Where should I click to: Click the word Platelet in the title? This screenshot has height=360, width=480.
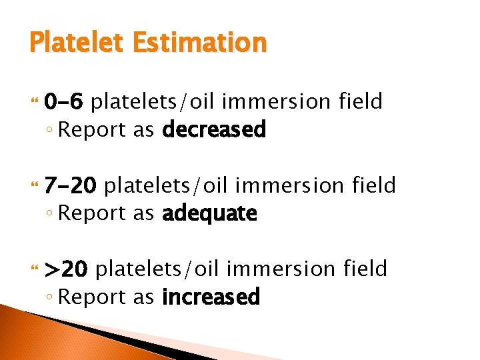click(x=74, y=43)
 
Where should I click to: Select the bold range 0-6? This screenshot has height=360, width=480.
click(x=63, y=102)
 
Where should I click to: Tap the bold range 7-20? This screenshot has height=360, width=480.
click(x=70, y=185)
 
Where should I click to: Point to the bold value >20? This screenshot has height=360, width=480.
click(x=65, y=269)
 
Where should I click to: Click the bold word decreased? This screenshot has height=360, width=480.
click(x=214, y=129)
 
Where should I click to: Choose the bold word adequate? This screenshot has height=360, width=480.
click(x=209, y=213)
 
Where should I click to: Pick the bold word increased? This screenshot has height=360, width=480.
click(x=211, y=297)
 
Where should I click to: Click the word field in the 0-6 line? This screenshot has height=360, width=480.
click(x=360, y=101)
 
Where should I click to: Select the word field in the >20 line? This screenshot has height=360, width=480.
click(x=365, y=268)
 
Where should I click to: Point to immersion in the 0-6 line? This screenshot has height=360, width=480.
click(x=276, y=101)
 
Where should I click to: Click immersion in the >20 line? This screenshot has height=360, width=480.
click(x=281, y=268)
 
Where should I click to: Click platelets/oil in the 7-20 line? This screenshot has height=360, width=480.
click(x=160, y=185)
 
